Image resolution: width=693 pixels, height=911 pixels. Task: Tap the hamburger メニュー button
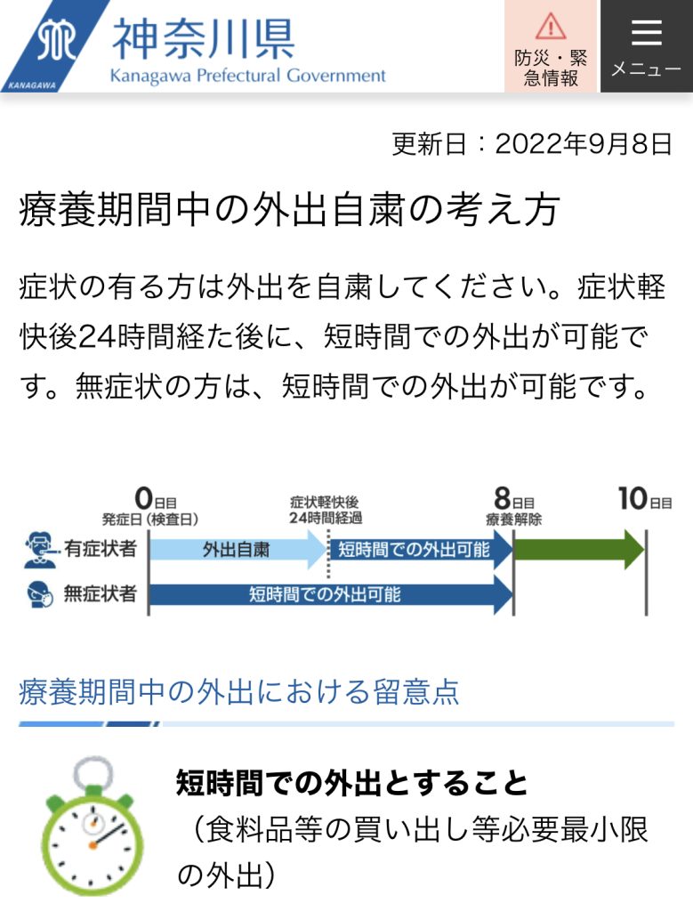[646, 46]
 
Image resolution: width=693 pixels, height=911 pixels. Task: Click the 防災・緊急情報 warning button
[551, 46]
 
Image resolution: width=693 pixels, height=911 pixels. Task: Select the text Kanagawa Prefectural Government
[247, 76]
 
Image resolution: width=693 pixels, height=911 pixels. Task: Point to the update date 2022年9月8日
[584, 144]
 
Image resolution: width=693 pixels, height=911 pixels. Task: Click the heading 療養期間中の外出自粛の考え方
[289, 210]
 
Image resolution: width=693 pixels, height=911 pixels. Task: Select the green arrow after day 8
[579, 549]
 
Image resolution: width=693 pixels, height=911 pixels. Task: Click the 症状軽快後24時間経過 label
[326, 510]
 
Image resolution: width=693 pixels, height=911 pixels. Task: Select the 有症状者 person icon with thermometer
[41, 549]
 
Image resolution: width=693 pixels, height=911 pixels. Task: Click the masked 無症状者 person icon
[40, 594]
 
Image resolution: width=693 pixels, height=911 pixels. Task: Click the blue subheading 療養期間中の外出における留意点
[238, 691]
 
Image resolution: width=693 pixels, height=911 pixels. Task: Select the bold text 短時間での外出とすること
[352, 782]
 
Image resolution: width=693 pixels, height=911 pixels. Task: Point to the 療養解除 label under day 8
[513, 520]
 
